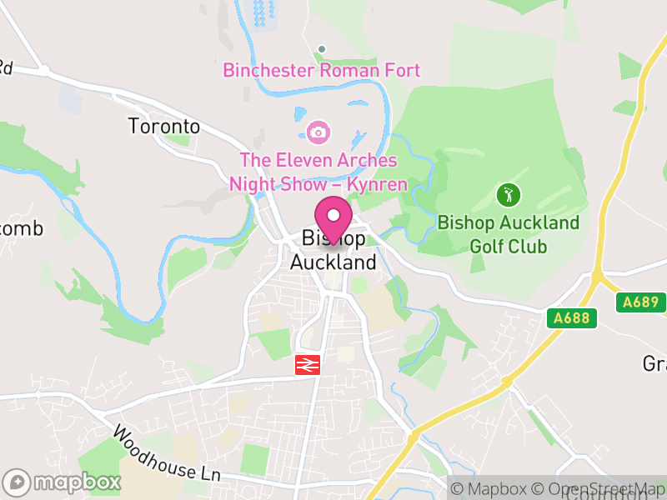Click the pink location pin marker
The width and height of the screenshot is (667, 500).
(333, 218)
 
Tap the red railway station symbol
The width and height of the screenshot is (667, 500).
(308, 364)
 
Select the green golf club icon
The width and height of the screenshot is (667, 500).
(509, 196)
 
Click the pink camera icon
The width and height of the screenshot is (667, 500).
(317, 131)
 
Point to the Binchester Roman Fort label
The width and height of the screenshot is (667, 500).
(322, 71)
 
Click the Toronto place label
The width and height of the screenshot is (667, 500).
(164, 127)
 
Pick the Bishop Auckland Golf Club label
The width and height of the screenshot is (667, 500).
(509, 234)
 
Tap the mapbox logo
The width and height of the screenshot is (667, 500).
(63, 482)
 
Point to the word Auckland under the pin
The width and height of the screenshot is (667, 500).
(333, 262)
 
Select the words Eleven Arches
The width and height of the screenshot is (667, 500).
(334, 160)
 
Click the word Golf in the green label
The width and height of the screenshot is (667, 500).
(487, 246)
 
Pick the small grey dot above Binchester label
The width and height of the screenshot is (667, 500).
(322, 48)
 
